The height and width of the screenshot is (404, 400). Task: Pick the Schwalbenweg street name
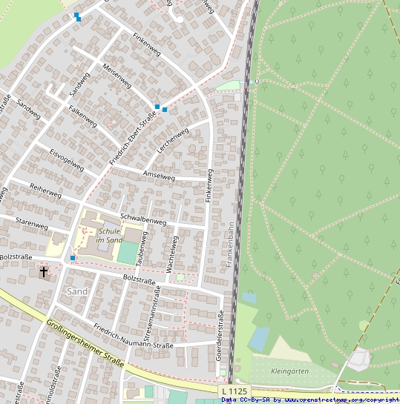point(143,220)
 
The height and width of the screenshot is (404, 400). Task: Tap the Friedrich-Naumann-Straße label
point(134,337)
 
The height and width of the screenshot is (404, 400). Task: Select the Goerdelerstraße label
point(220,336)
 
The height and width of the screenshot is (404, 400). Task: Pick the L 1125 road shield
point(233,391)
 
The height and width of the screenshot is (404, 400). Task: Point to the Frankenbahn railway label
point(231,245)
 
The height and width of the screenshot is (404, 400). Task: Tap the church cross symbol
point(44,272)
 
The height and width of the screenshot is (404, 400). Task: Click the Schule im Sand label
point(109,236)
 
